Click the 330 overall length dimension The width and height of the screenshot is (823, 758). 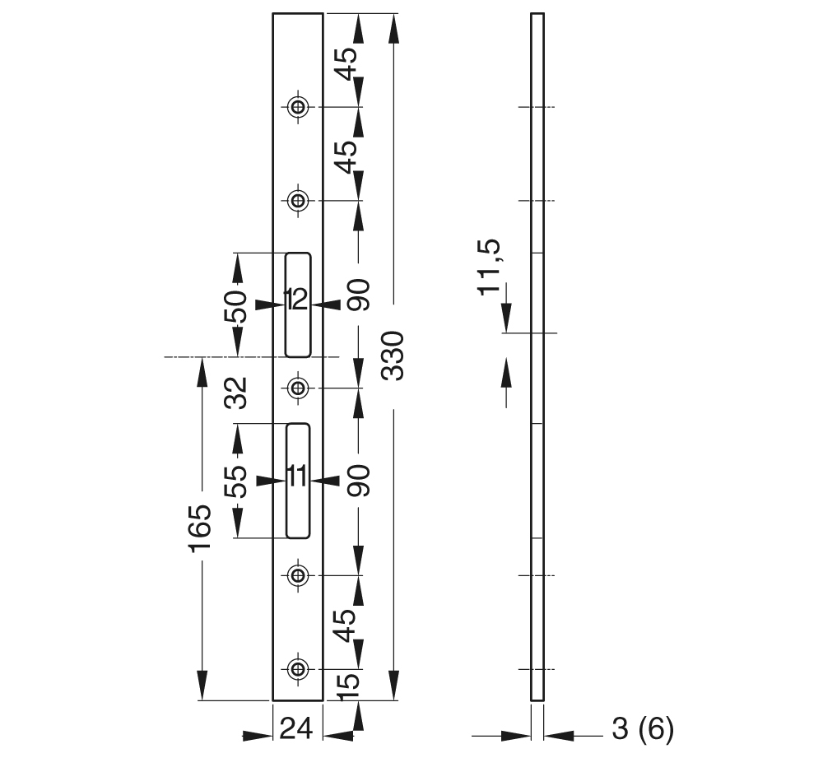coord(394,356)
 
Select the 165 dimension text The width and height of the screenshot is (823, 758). coord(200,529)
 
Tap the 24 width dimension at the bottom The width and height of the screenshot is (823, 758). coord(297,728)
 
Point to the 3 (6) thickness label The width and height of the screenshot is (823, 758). coord(643,728)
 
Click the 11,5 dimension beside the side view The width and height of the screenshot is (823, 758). coord(491,267)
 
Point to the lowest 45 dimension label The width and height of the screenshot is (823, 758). coord(347,625)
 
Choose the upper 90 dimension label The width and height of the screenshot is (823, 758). coord(359,295)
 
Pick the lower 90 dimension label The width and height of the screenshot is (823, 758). coord(359,480)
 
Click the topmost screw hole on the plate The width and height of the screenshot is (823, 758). coord(297,106)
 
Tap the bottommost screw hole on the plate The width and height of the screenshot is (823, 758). coord(297,667)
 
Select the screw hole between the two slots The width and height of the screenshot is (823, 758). coord(297,387)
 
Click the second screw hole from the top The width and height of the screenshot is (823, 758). coord(297,200)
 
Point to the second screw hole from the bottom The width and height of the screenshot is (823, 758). coord(297,574)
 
